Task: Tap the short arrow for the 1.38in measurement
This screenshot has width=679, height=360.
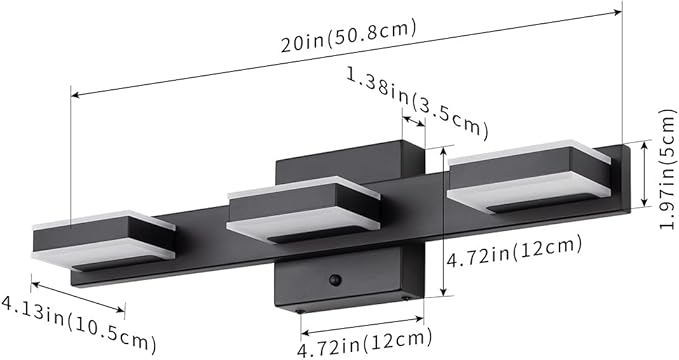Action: [413, 120]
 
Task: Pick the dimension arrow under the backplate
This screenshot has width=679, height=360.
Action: [364, 324]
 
